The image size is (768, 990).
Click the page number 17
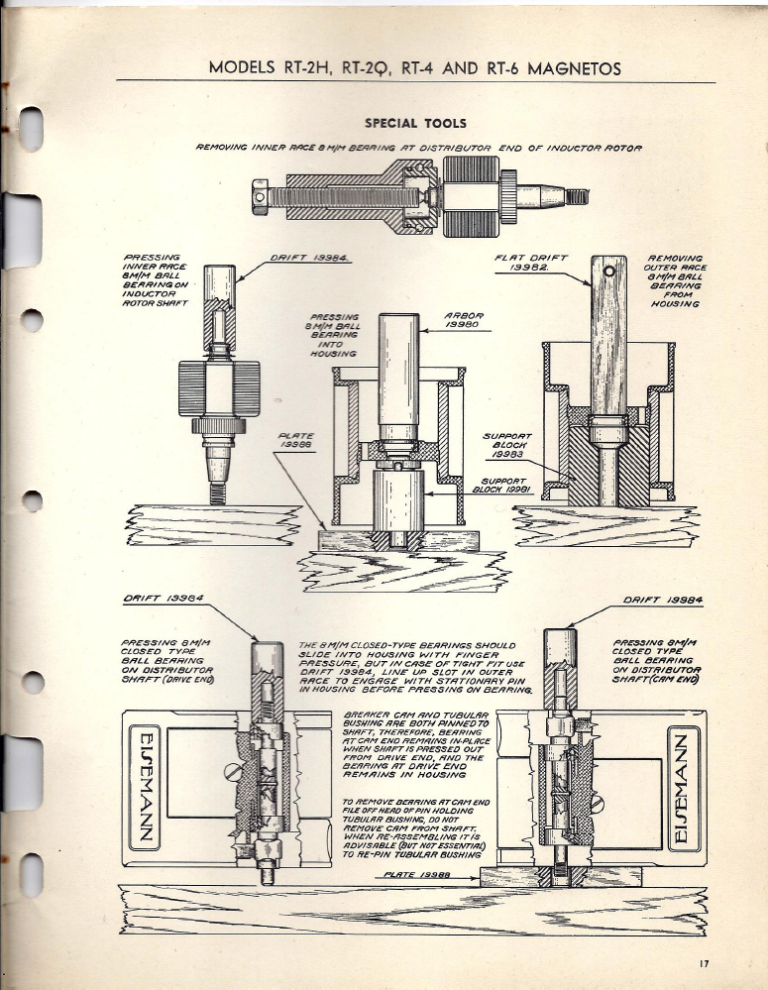click(705, 962)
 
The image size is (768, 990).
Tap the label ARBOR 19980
click(464, 325)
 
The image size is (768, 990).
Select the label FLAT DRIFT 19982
click(530, 263)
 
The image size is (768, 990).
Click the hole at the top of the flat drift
click(609, 270)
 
